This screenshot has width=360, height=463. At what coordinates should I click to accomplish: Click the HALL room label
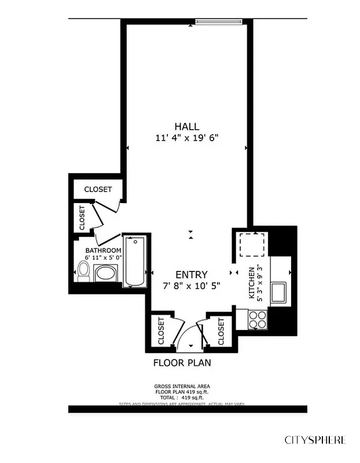[186, 126]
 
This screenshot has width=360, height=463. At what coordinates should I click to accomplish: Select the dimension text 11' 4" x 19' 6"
[186, 138]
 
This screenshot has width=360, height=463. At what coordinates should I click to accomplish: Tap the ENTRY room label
[192, 274]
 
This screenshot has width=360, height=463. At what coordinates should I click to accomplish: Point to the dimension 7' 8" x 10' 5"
[192, 285]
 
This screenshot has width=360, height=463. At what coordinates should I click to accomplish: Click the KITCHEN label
[251, 283]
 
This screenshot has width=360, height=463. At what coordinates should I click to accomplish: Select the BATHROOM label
[104, 251]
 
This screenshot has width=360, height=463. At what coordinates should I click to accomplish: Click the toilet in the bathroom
[84, 270]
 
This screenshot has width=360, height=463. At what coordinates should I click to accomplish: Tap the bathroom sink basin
[105, 273]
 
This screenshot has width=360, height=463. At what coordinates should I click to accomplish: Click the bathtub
[135, 261]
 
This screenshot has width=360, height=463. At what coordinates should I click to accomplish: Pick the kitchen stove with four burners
[258, 319]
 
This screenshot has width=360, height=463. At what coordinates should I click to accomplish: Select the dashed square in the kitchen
[252, 244]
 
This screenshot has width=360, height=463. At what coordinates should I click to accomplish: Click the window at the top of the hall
[217, 22]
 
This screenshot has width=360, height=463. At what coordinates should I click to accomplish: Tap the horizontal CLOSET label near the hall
[98, 189]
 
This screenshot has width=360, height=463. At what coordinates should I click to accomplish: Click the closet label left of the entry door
[161, 331]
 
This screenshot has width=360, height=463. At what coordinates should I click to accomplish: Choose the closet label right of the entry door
[221, 331]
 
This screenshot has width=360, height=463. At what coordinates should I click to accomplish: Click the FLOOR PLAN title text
[182, 363]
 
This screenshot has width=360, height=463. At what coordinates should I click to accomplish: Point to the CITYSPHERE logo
[315, 440]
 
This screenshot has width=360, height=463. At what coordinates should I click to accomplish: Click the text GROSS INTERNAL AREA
[182, 386]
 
